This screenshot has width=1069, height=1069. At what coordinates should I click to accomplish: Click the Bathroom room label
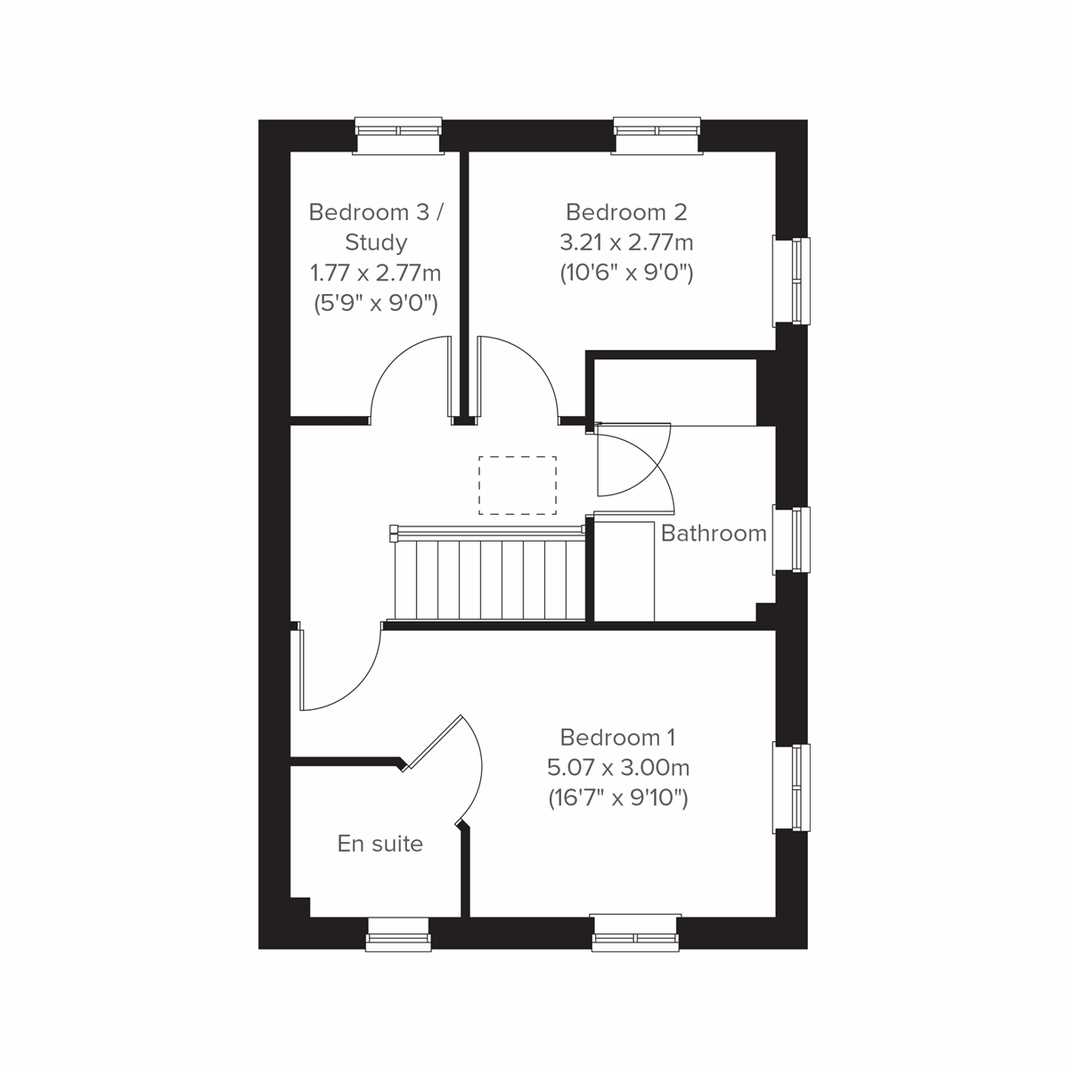point(714,534)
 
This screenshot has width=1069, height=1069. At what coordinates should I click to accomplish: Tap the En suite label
point(379,844)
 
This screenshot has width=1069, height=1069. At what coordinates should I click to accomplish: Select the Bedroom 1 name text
point(617,738)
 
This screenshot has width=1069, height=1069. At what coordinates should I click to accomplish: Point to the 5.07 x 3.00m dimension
point(618,767)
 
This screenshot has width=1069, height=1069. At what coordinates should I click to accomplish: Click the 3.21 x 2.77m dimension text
point(626,242)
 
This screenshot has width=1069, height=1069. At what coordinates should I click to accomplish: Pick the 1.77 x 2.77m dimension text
point(376,273)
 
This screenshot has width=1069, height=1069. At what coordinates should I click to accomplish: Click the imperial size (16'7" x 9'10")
point(618,797)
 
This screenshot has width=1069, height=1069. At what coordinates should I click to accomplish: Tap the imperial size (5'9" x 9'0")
point(376,303)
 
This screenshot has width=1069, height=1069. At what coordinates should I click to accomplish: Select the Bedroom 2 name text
point(626,212)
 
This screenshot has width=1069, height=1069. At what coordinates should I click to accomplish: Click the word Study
point(376,242)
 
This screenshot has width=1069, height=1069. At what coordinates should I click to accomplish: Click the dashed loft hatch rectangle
point(518,486)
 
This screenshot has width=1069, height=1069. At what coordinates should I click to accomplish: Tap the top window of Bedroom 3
point(398,135)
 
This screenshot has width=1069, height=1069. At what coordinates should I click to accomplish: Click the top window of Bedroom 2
point(657,135)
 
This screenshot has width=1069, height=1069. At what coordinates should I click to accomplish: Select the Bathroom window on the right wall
point(792,539)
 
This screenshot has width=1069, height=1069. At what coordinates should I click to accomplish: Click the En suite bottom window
point(398,934)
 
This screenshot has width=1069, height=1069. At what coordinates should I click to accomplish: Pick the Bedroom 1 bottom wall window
point(636,933)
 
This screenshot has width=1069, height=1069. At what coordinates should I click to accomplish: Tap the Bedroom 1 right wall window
point(792,787)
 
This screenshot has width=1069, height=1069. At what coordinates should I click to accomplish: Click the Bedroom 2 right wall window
point(792,281)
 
